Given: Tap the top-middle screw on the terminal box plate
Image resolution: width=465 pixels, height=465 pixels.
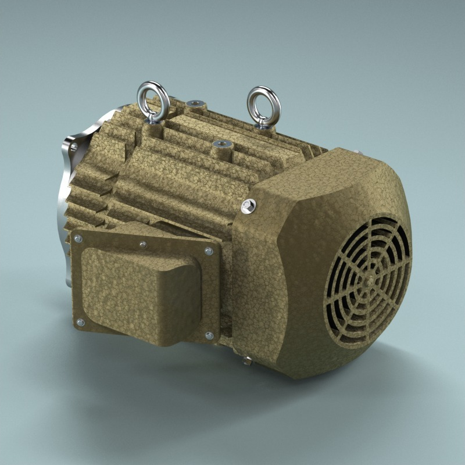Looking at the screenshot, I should pyautogui.click(x=143, y=245).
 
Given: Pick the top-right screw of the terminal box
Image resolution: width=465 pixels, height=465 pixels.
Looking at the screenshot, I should pyautogui.click(x=208, y=251).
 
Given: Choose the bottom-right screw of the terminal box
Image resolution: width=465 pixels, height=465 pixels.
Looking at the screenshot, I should pyautogui.click(x=209, y=335).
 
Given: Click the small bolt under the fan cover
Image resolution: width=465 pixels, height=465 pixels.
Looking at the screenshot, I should pyautogui.click(x=247, y=361).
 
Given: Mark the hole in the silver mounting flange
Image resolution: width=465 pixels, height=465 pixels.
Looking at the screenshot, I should pyautogui.click(x=74, y=148).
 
